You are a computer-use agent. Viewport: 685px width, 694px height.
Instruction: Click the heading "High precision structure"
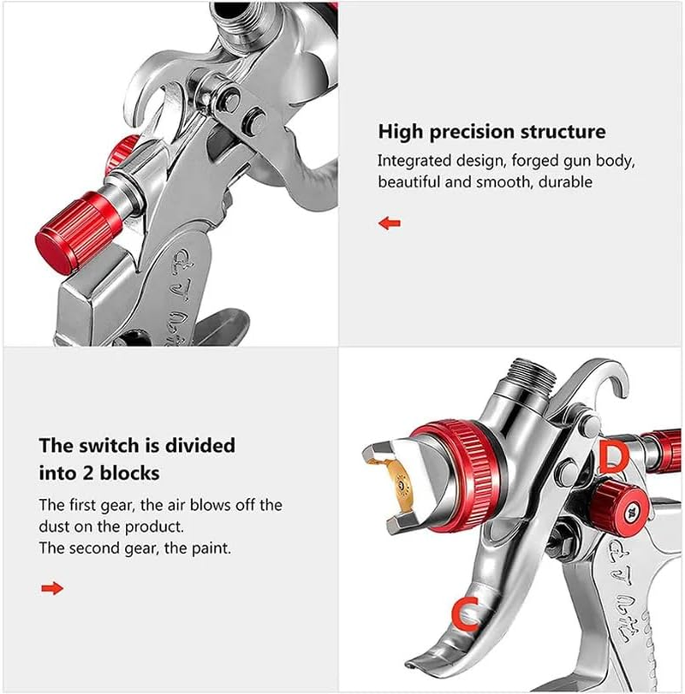(491, 132)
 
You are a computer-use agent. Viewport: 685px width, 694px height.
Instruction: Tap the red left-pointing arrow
(390, 223)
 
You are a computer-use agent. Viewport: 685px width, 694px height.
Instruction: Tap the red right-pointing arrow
(52, 588)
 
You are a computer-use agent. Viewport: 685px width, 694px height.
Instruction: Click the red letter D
(613, 458)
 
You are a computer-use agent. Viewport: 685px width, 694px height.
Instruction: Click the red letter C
(465, 614)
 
